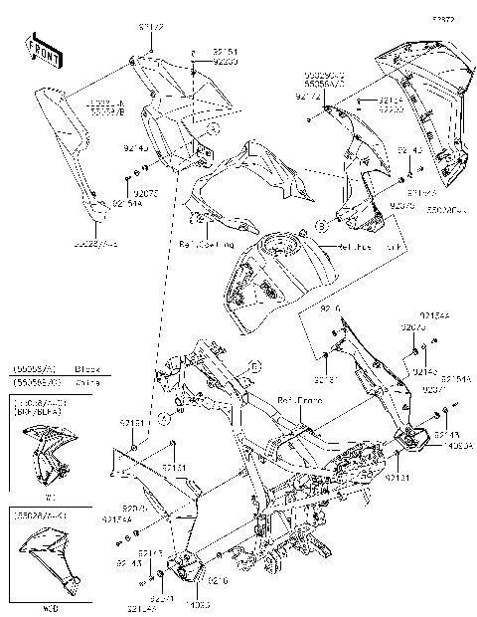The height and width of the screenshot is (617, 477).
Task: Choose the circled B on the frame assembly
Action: [x=253, y=367]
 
